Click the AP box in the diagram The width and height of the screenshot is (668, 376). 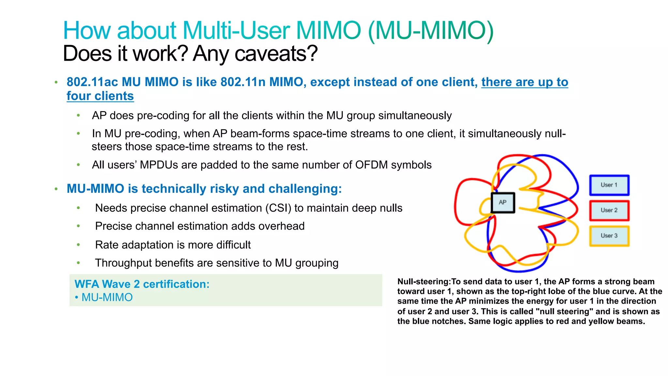pyautogui.click(x=503, y=203)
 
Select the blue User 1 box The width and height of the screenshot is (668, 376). pyautogui.click(x=609, y=185)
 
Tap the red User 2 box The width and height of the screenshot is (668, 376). pyautogui.click(x=609, y=210)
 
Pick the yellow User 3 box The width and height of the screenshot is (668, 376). pyautogui.click(x=609, y=236)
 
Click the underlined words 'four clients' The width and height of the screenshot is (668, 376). pyautogui.click(x=100, y=96)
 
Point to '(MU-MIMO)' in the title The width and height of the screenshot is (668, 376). pyautogui.click(x=431, y=31)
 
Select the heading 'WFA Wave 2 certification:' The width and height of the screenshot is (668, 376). pyautogui.click(x=142, y=284)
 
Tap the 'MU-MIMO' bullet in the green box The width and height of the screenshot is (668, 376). pyautogui.click(x=107, y=297)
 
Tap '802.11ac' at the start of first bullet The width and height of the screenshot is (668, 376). pyautogui.click(x=92, y=82)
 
